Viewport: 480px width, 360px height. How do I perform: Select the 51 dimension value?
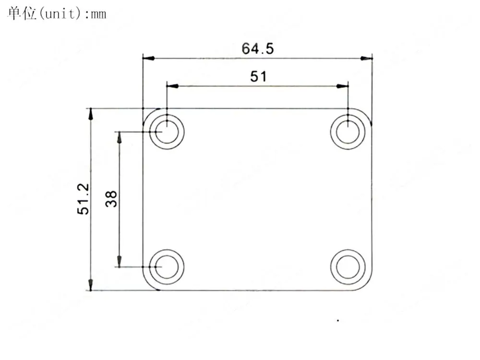pyautogui.click(x=258, y=76)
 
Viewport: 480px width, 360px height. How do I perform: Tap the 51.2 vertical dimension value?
pyautogui.click(x=84, y=199)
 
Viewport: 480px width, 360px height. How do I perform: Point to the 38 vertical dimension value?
pyautogui.click(x=111, y=199)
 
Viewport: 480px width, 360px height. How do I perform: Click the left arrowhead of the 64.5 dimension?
pyautogui.click(x=148, y=59)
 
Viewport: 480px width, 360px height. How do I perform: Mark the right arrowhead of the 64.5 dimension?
pyautogui.click(x=367, y=59)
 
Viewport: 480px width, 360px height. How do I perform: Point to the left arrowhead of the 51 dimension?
pyautogui.click(x=172, y=86)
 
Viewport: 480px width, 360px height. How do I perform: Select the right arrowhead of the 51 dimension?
pyautogui.click(x=342, y=86)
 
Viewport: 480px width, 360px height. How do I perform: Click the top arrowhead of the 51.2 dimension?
pyautogui.click(x=90, y=114)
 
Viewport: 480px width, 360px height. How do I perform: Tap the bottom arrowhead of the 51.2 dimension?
pyautogui.click(x=90, y=285)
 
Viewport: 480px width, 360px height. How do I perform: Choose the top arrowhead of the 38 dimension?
pyautogui.click(x=120, y=137)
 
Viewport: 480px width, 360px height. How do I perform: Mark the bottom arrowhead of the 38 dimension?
pyautogui.click(x=120, y=262)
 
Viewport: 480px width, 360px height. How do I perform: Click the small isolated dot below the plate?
pyautogui.click(x=338, y=320)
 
